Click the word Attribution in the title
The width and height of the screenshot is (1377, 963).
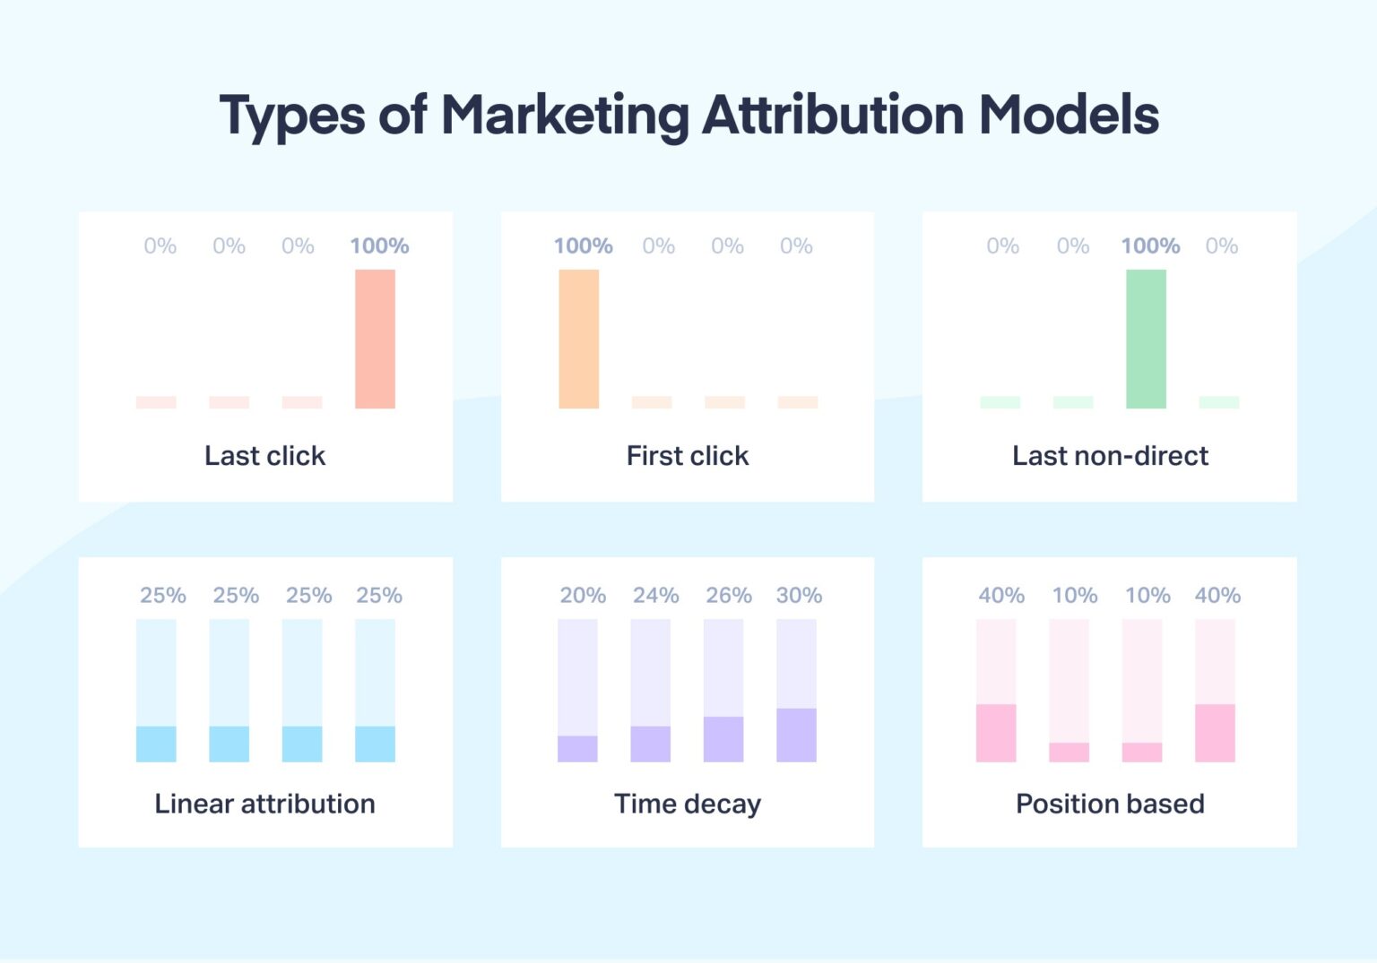pyautogui.click(x=833, y=116)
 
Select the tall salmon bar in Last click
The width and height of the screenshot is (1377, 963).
pyautogui.click(x=375, y=339)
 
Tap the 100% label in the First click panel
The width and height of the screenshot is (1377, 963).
pyautogui.click(x=583, y=246)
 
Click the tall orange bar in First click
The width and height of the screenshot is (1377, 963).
pyautogui.click(x=578, y=339)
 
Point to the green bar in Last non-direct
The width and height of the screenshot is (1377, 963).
pyautogui.click(x=1146, y=339)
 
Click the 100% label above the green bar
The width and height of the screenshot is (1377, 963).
pyautogui.click(x=1150, y=246)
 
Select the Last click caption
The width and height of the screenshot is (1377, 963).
pyautogui.click(x=264, y=456)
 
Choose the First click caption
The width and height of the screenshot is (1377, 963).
pyautogui.click(x=688, y=456)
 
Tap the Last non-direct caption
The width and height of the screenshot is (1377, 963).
pyautogui.click(x=1110, y=456)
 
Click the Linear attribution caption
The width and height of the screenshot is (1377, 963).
pyautogui.click(x=264, y=804)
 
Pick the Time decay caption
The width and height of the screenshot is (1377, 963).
pyautogui.click(x=688, y=804)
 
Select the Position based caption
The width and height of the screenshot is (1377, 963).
pyautogui.click(x=1110, y=804)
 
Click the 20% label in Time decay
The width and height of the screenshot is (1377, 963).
pyautogui.click(x=583, y=596)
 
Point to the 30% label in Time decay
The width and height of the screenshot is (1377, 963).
pyautogui.click(x=799, y=596)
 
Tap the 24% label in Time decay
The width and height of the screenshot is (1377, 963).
pyautogui.click(x=655, y=596)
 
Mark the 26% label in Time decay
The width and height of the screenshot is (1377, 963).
pyautogui.click(x=728, y=596)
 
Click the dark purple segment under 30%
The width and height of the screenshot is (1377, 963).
pyautogui.click(x=796, y=735)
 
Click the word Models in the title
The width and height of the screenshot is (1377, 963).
pyautogui.click(x=1069, y=116)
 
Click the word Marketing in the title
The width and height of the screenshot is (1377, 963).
pyautogui.click(x=565, y=116)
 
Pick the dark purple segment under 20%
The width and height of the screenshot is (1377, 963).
pyautogui.click(x=577, y=749)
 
